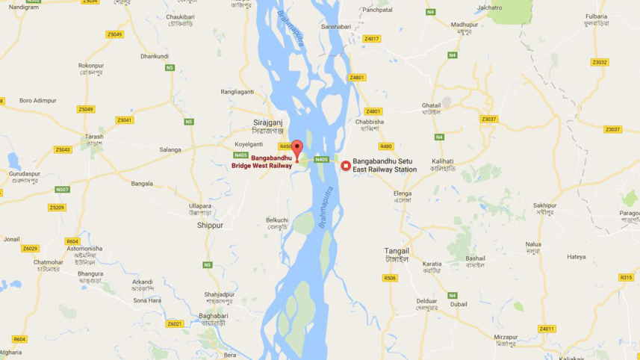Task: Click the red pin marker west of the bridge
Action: coord(297,148)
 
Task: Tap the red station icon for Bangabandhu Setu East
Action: coord(346,165)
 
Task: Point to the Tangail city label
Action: coord(397,250)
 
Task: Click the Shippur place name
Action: coord(210,224)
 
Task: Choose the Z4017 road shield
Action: coord(372,39)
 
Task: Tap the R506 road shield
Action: coord(390,278)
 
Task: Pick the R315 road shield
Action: coord(626,277)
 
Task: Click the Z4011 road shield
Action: coord(547,329)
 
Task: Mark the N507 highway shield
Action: coord(63,190)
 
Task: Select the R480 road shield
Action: coord(385,146)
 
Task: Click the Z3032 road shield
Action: coord(599,62)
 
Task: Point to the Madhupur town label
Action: coord(464,25)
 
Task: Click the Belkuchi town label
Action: coord(277,220)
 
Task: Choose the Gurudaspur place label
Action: coord(24,173)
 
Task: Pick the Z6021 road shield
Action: coord(175,323)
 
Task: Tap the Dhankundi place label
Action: coord(155,56)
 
